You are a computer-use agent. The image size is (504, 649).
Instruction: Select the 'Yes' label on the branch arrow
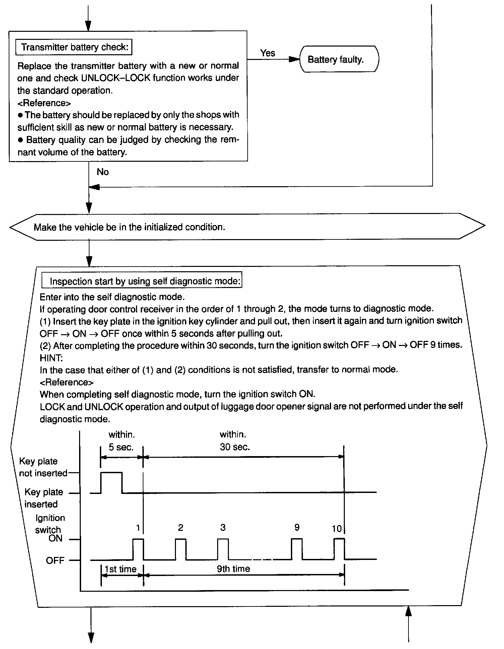pyautogui.click(x=267, y=53)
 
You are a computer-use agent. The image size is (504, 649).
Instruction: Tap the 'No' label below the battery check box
pyautogui.click(x=103, y=172)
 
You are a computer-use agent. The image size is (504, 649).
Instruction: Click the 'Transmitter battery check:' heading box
pyautogui.click(x=74, y=47)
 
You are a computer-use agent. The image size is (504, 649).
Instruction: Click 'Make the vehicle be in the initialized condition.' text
pyautogui.click(x=129, y=227)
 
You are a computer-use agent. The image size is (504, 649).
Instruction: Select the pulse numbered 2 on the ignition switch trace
pyautogui.click(x=181, y=549)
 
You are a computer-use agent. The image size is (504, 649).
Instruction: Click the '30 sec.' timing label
pyautogui.click(x=235, y=447)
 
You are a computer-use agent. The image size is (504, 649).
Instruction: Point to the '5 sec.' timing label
pyautogui.click(x=121, y=447)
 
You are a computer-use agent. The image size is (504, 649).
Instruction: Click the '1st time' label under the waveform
pyautogui.click(x=120, y=569)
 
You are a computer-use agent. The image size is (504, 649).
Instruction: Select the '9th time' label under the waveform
pyautogui.click(x=234, y=569)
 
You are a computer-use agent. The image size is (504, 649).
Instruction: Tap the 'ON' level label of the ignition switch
pyautogui.click(x=55, y=538)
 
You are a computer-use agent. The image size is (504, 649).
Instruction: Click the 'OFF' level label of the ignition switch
pyautogui.click(x=55, y=560)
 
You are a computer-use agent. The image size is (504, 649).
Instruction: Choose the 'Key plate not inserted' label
pyautogui.click(x=43, y=467)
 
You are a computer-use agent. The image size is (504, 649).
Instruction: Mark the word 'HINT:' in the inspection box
pyautogui.click(x=51, y=358)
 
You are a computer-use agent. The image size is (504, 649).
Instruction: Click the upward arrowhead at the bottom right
pyautogui.click(x=408, y=611)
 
